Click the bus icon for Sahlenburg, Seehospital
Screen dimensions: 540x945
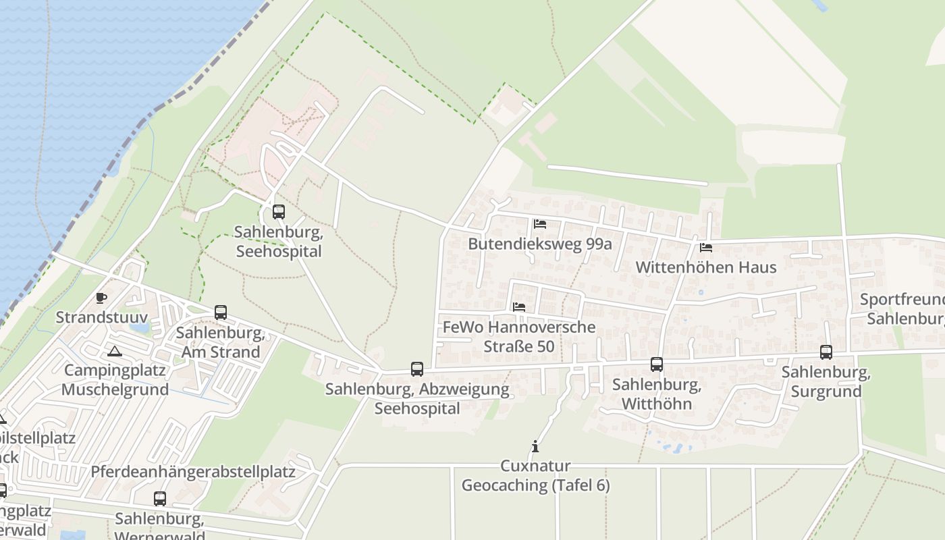[278, 212]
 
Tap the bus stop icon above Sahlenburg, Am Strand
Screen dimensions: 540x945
[221, 313]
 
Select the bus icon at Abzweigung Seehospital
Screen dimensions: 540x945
[417, 369]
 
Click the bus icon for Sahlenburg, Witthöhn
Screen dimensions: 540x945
[657, 364]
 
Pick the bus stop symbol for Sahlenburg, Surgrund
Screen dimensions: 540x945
[826, 352]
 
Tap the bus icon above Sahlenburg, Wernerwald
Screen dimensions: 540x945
[160, 499]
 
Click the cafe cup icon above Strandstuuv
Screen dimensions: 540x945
[101, 298]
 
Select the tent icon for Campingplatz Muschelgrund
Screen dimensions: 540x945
[115, 351]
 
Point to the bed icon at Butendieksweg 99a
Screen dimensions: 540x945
[539, 223]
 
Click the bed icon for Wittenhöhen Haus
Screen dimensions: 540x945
[706, 247]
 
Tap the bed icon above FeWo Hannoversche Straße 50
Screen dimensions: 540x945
[519, 306]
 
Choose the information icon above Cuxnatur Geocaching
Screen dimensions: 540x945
[535, 446]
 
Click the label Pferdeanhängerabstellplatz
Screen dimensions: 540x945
[193, 472]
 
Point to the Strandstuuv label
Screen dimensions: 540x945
[101, 317]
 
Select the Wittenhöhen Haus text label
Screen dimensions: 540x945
[706, 267]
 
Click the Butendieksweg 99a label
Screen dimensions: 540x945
[540, 244]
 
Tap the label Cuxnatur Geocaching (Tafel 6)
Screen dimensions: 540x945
[535, 476]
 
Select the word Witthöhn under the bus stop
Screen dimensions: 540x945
[657, 404]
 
